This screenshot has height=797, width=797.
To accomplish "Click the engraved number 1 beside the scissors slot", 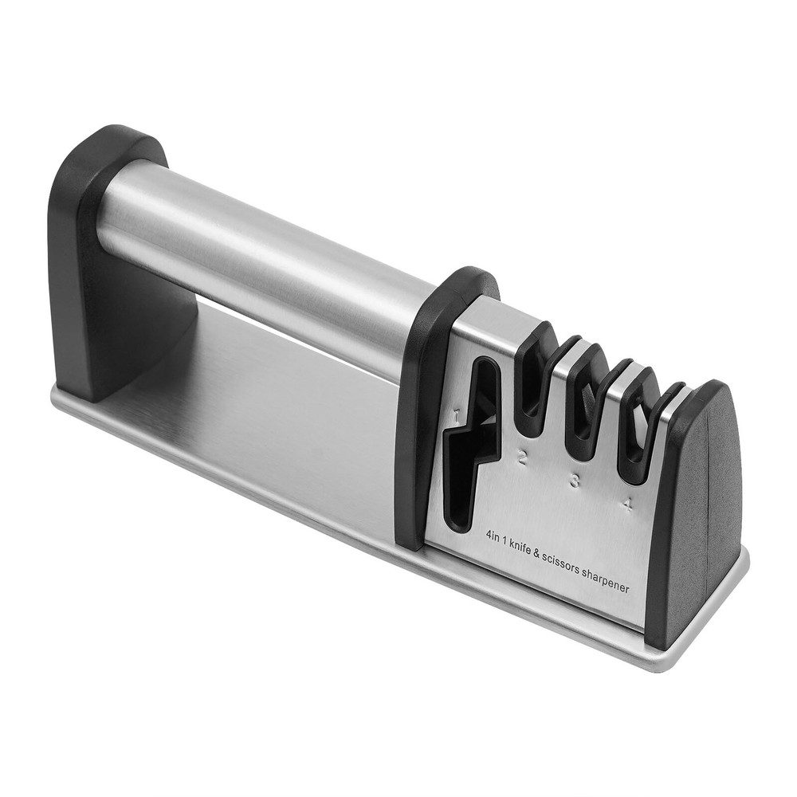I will [x=456, y=414].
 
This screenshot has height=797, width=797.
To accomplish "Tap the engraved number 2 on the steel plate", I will [x=524, y=457].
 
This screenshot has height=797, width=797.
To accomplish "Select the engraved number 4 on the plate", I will [x=629, y=505].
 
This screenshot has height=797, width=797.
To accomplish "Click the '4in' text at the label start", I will [x=493, y=536].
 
